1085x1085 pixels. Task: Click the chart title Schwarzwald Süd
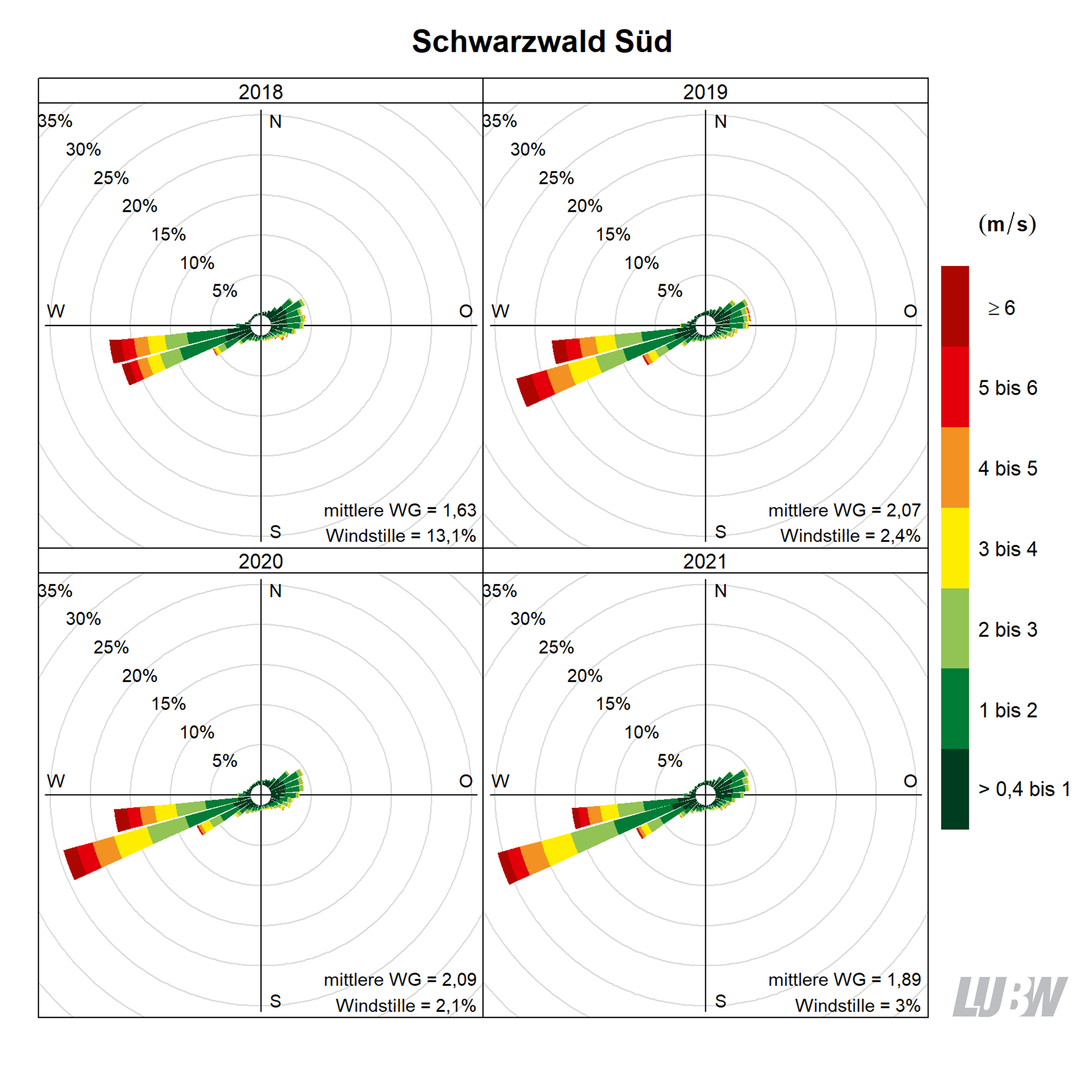(x=542, y=41)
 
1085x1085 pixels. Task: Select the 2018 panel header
(x=260, y=91)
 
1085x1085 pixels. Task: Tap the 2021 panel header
(x=705, y=561)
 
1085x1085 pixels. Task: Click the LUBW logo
(x=1009, y=997)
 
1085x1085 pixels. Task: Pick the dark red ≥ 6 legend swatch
(x=955, y=306)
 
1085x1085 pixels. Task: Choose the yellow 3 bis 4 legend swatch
(x=955, y=548)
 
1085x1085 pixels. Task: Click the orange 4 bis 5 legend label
(x=1008, y=469)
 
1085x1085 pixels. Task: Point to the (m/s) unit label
(x=1007, y=224)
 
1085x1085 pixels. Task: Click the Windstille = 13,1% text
(x=400, y=535)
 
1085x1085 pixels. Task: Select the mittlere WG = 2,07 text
(x=844, y=510)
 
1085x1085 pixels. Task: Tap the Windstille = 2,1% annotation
(x=406, y=1005)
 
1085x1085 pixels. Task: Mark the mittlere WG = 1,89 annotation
(x=844, y=980)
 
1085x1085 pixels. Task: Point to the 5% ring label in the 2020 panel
(x=225, y=761)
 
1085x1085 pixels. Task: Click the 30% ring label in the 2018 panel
(x=83, y=149)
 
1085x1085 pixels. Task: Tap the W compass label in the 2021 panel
(x=500, y=781)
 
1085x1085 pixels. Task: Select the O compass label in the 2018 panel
(x=466, y=311)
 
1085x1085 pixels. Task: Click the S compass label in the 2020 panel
(x=275, y=1001)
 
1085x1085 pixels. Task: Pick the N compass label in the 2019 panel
(x=721, y=122)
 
